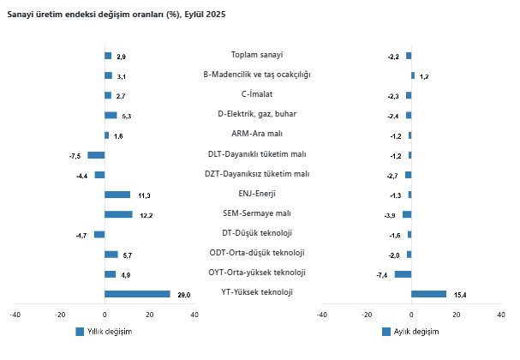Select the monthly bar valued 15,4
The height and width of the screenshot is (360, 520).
(x=428, y=294)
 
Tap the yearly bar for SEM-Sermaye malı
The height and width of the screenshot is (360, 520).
(x=118, y=214)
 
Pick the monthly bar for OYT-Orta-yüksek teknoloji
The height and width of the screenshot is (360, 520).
(x=403, y=274)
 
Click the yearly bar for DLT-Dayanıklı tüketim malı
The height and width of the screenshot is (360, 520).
(x=96, y=155)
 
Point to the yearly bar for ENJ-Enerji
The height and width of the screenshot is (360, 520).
(x=117, y=195)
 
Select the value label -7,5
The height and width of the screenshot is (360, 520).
(x=75, y=155)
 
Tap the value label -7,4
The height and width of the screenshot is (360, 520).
(x=382, y=274)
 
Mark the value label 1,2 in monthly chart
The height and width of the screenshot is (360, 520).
(x=424, y=76)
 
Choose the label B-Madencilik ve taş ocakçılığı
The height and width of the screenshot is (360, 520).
(x=257, y=75)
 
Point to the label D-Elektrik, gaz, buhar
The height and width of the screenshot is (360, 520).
(x=257, y=114)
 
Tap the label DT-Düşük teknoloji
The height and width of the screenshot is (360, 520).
(x=257, y=232)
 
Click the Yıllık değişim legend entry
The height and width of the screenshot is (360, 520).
(x=103, y=332)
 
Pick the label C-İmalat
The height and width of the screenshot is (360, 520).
(x=257, y=94)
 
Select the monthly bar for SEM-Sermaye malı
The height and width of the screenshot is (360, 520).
(x=407, y=214)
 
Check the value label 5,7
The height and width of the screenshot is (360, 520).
(x=128, y=255)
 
